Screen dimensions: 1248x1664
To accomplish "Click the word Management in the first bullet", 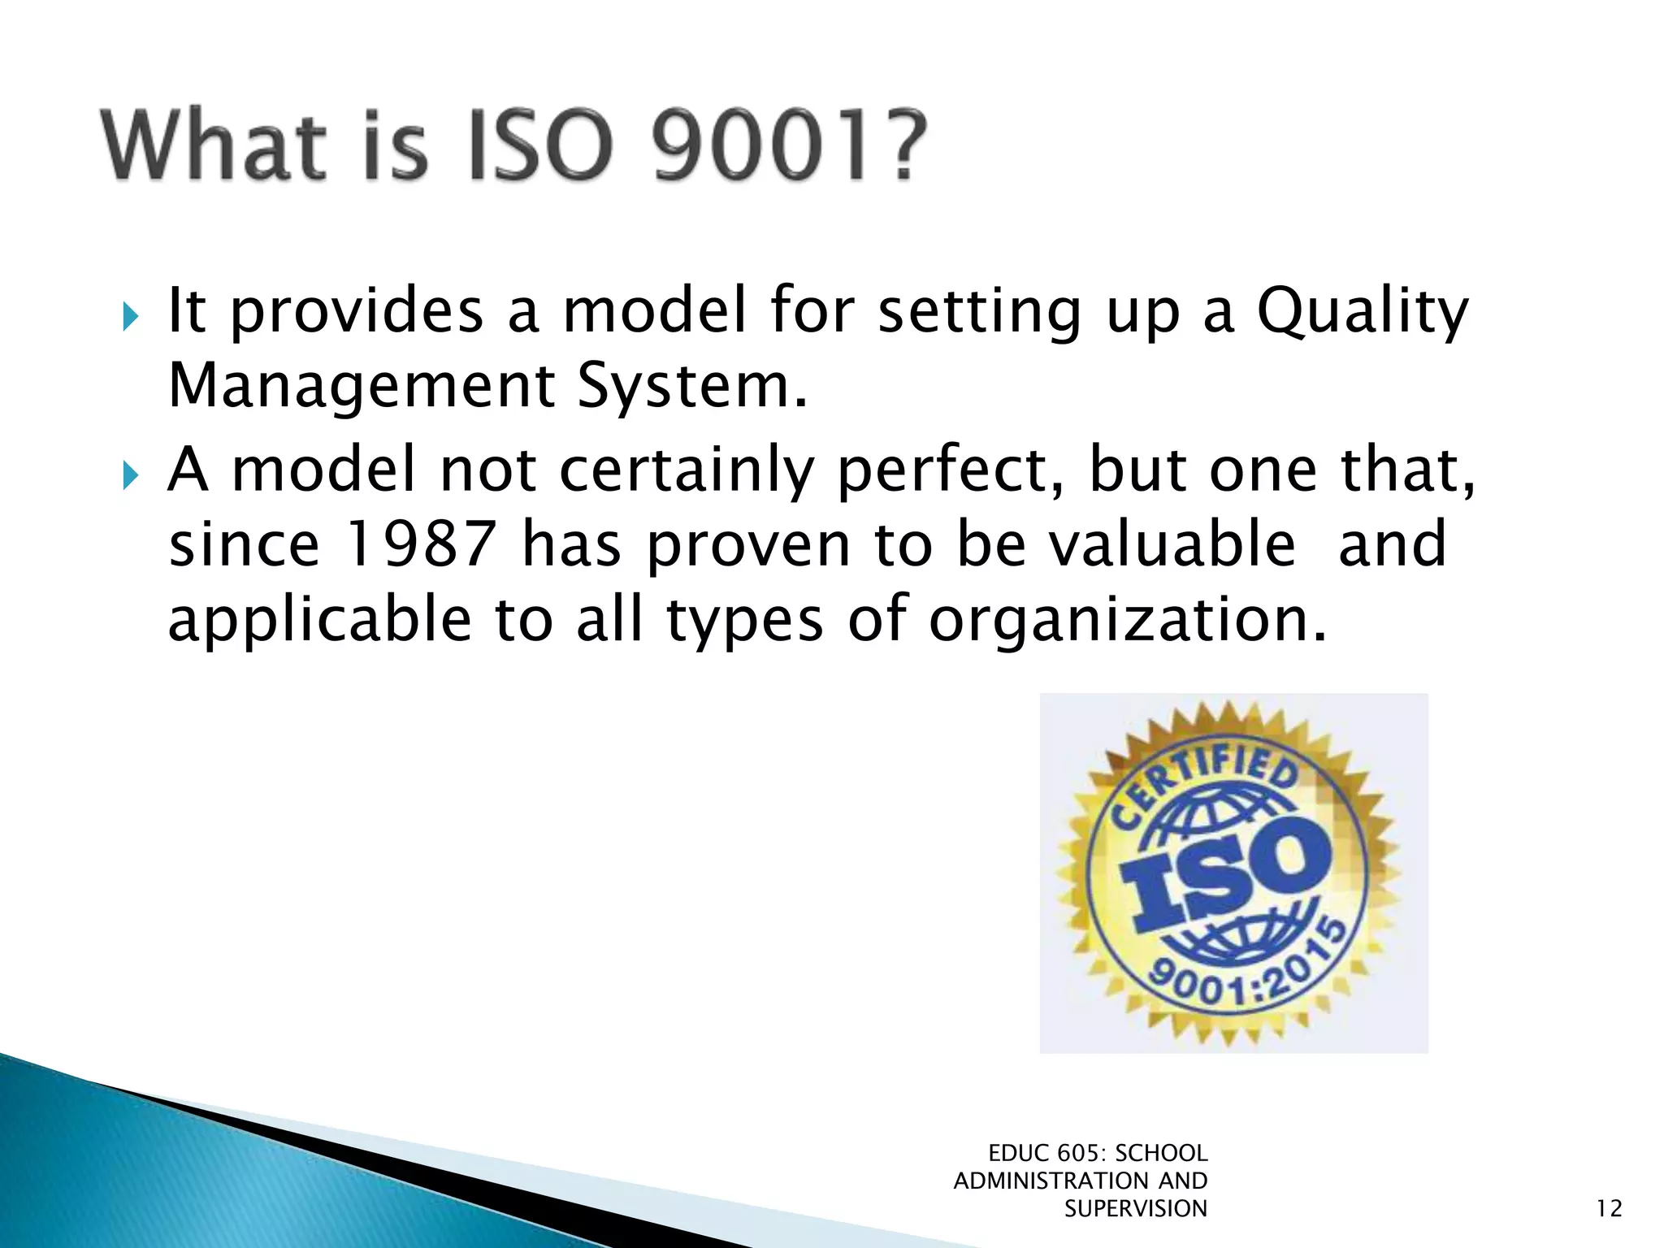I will (361, 386).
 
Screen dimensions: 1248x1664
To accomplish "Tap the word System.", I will (691, 386).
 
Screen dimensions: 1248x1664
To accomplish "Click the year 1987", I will (420, 544).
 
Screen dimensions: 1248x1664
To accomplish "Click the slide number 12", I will (1609, 1209).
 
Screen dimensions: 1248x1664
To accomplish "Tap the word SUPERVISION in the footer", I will (1135, 1209).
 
